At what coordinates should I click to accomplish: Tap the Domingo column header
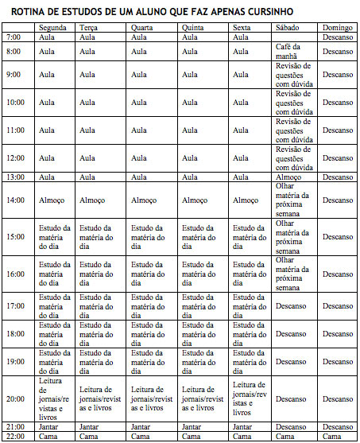pyautogui.click(x=337, y=28)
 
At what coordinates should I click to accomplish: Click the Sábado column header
pyautogui.click(x=287, y=28)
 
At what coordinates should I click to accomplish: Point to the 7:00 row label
pyautogui.click(x=14, y=37)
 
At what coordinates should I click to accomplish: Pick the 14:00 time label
pyautogui.click(x=15, y=200)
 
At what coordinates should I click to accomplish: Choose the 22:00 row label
pyautogui.click(x=15, y=436)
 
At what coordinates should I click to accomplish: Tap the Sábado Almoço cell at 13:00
pyautogui.click(x=287, y=177)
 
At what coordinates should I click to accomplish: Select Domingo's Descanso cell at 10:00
pyautogui.click(x=337, y=102)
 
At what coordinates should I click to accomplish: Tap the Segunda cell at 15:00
pyautogui.click(x=54, y=237)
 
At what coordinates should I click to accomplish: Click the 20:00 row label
pyautogui.click(x=15, y=398)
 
